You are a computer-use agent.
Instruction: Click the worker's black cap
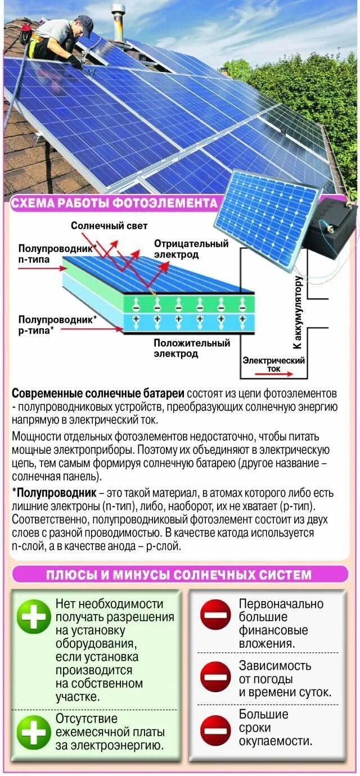pyautogui.click(x=85, y=23)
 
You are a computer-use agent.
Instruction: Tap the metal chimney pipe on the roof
pyautogui.click(x=118, y=22)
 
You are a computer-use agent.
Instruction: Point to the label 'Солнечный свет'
pyautogui.click(x=109, y=225)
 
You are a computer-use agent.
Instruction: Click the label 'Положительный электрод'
pyautogui.click(x=192, y=348)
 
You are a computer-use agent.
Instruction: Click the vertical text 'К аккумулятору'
pyautogui.click(x=298, y=312)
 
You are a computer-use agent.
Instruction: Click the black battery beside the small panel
pyautogui.click(x=332, y=225)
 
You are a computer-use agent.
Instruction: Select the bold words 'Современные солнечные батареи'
pyautogui.click(x=98, y=393)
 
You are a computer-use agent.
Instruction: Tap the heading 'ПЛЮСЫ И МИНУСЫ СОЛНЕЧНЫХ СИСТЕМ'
pyautogui.click(x=178, y=575)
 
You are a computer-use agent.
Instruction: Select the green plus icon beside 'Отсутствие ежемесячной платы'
pyautogui.click(x=34, y=732)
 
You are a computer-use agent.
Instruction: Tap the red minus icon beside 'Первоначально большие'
pyautogui.click(x=216, y=615)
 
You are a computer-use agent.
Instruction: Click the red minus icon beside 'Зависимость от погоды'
pyautogui.click(x=216, y=677)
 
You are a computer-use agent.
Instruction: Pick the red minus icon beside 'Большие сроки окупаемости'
pyautogui.click(x=216, y=729)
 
